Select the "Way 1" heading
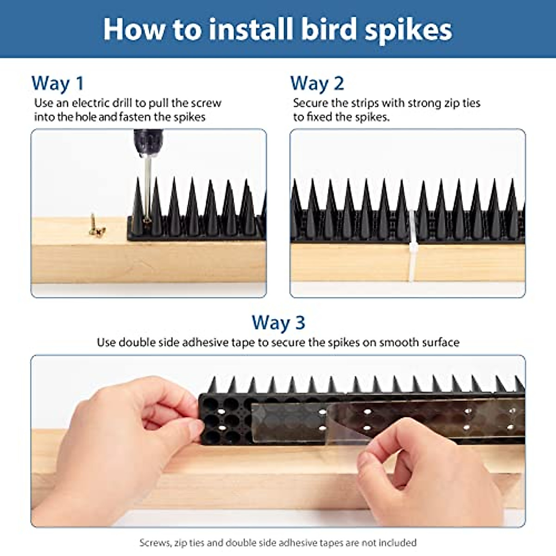(58, 84)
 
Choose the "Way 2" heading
(317, 84)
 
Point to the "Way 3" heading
(278, 323)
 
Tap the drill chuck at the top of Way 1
(148, 143)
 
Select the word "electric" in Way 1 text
(90, 103)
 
